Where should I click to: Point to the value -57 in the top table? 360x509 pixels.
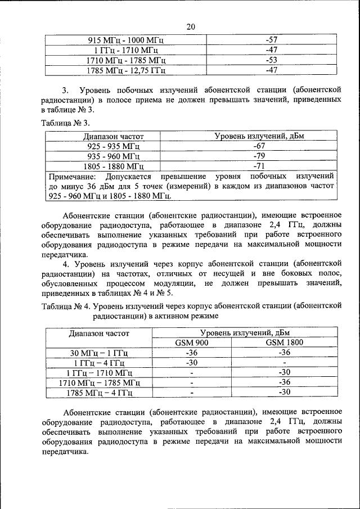(272, 40)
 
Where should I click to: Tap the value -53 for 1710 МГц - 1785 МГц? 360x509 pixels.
(272, 60)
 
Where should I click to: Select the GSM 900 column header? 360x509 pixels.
(192, 343)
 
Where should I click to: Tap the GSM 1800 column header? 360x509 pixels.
(285, 343)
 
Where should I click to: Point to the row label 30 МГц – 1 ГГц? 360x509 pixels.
(99, 353)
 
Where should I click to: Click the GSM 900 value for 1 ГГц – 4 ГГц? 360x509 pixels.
(192, 363)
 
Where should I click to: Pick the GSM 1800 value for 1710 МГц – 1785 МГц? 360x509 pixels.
(285, 382)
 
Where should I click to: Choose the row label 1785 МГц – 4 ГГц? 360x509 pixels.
(99, 393)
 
